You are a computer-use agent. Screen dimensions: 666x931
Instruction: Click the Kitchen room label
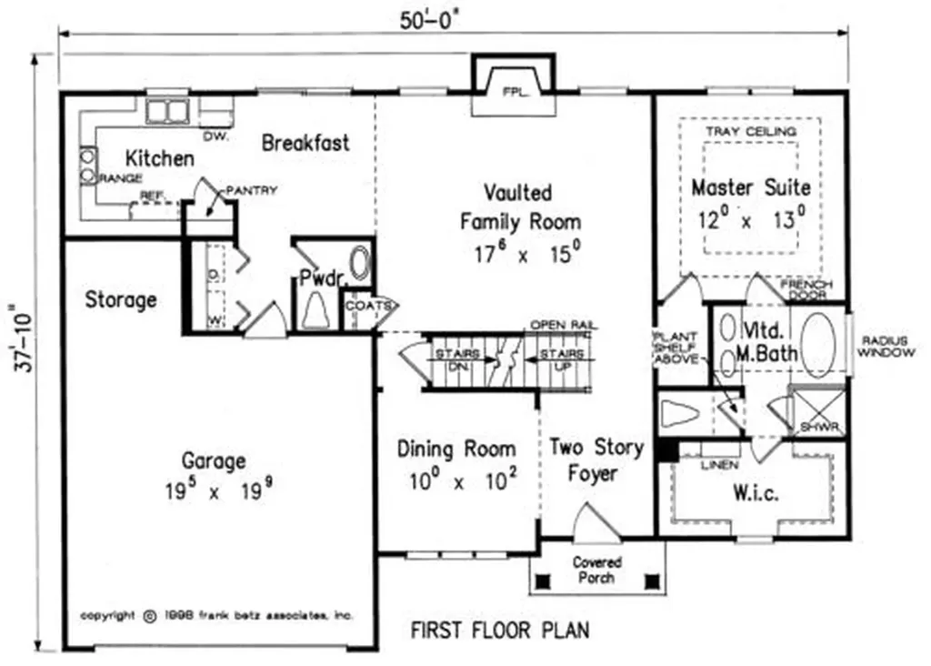[x=159, y=158]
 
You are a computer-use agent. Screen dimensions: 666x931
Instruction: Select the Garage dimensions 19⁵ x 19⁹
[x=218, y=492]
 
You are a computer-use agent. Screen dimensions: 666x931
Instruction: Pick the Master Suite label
[x=750, y=187]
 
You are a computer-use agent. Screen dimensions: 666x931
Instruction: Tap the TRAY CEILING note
[x=750, y=131]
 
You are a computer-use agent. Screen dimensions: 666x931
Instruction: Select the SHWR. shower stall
[x=817, y=412]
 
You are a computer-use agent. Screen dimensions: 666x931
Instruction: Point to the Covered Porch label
[x=597, y=570]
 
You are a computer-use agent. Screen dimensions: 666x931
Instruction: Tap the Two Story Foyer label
[x=596, y=459]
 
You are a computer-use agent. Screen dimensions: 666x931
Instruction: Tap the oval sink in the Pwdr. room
[x=361, y=265]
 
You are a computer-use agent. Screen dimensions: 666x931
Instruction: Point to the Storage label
[x=121, y=299]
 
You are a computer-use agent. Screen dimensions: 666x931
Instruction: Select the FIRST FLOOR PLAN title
[x=499, y=629]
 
